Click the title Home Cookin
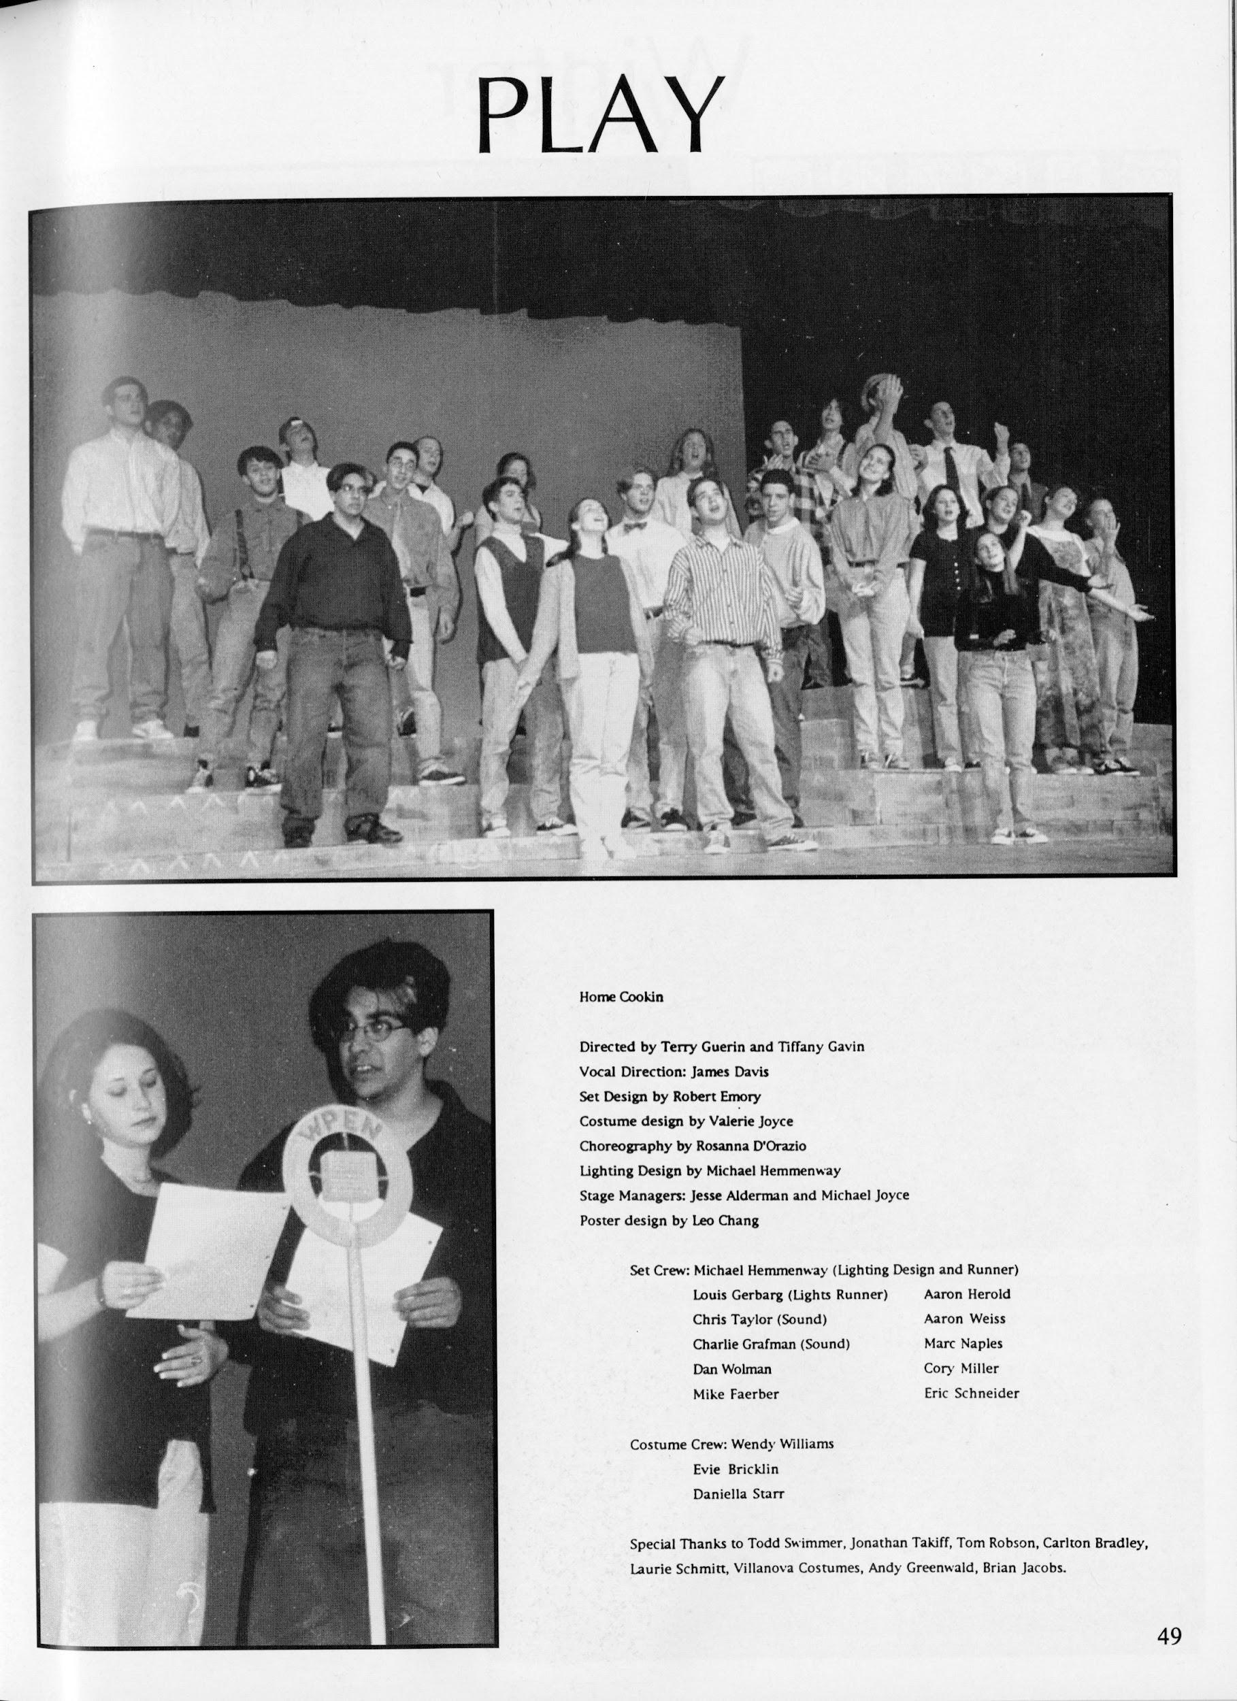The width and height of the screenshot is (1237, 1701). coord(621,997)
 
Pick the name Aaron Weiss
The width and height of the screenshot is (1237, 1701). coord(965,1319)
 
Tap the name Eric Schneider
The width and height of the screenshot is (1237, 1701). coord(972,1393)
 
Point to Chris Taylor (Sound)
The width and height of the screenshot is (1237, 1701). coord(759,1319)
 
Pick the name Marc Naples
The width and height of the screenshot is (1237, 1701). coord(963,1343)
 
